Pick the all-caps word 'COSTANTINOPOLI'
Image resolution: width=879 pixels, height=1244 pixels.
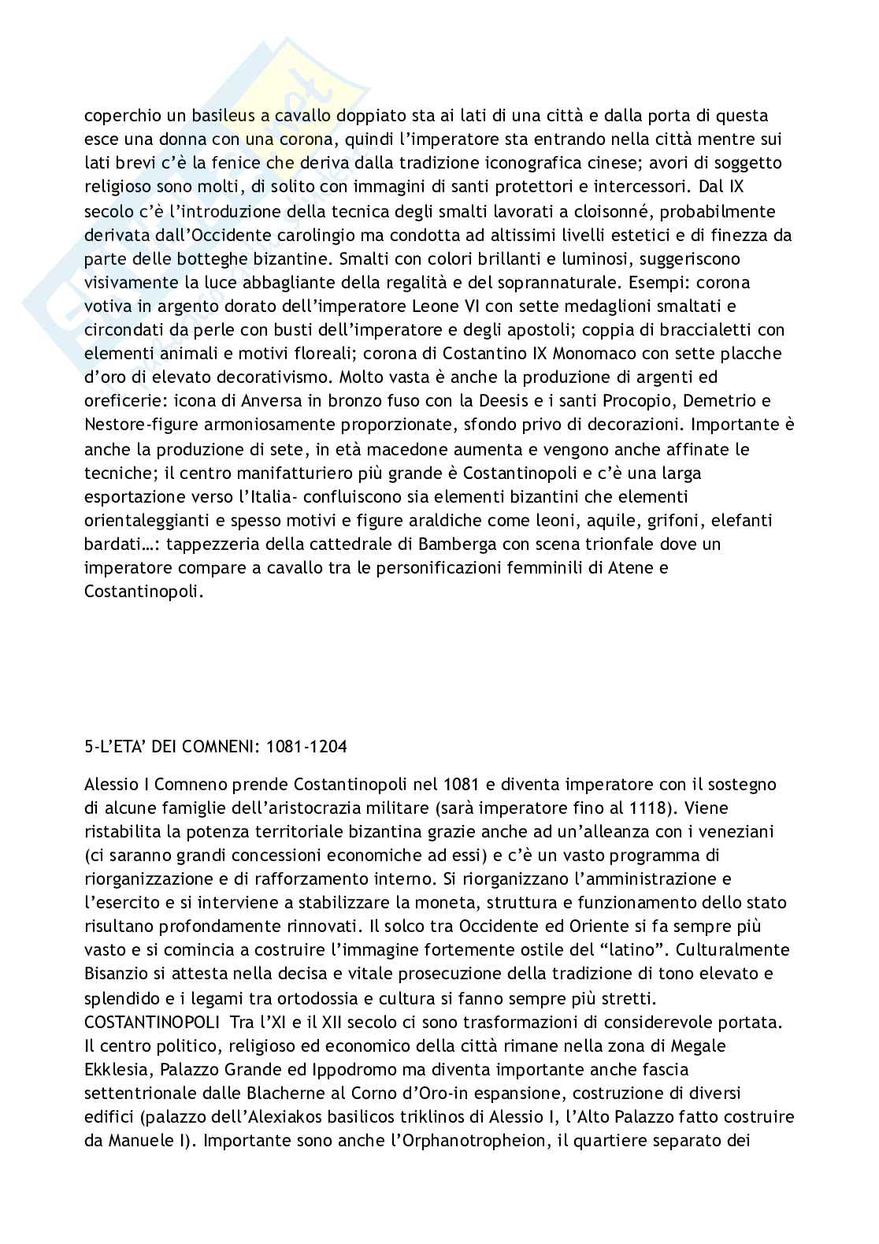point(152,1023)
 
